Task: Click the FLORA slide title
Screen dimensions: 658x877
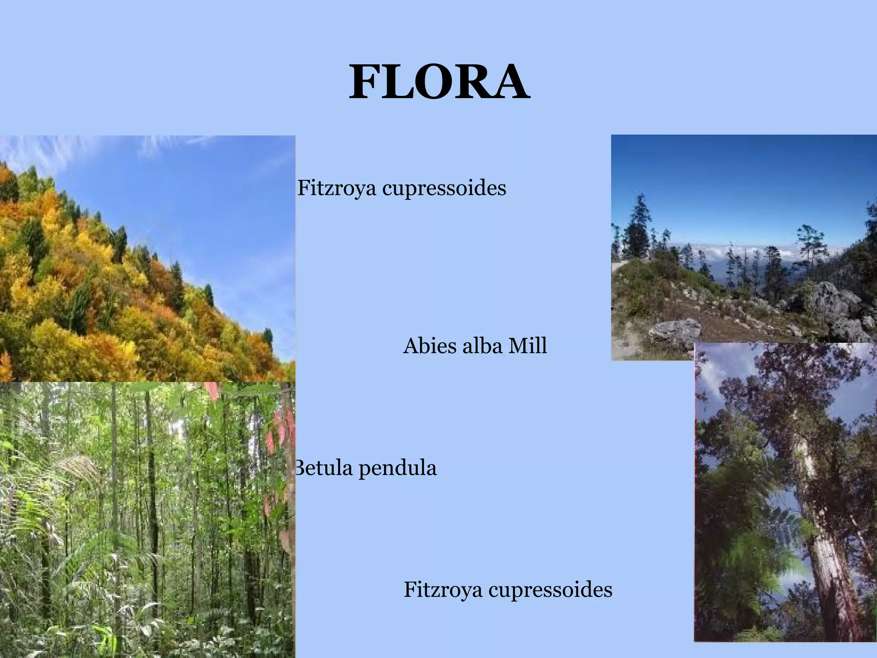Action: tap(439, 82)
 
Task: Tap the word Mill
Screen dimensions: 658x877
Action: tap(527, 346)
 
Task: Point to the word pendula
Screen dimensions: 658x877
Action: tap(397, 468)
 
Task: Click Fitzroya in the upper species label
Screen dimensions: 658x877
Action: tap(337, 188)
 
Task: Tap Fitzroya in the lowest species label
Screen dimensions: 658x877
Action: tap(443, 590)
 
